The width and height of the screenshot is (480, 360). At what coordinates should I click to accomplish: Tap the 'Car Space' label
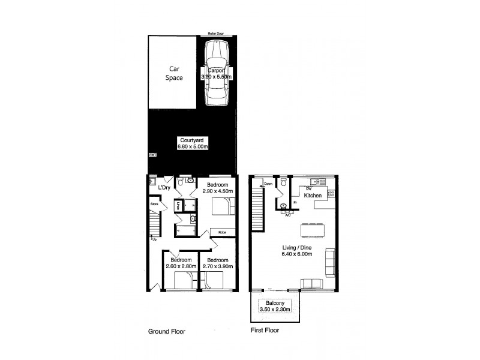pyautogui.click(x=174, y=73)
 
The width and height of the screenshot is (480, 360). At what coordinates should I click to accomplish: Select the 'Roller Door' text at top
pyautogui.click(x=215, y=34)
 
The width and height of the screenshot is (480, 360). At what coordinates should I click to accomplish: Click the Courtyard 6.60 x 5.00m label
pyautogui.click(x=192, y=143)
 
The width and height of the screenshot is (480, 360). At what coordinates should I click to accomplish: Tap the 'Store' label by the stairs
pyautogui.click(x=154, y=205)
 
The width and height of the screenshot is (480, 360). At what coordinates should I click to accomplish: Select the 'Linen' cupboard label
pyautogui.click(x=178, y=206)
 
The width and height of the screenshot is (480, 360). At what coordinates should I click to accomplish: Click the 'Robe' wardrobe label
pyautogui.click(x=221, y=232)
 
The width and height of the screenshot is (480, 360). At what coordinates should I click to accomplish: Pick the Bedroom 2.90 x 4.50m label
pyautogui.click(x=217, y=188)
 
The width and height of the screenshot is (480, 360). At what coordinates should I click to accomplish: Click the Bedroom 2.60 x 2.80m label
pyautogui.click(x=181, y=263)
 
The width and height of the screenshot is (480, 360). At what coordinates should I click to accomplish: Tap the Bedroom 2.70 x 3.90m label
pyautogui.click(x=218, y=263)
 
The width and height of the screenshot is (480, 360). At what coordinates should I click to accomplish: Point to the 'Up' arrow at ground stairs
pyautogui.click(x=154, y=239)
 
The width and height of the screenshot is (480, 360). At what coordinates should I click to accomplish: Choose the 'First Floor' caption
pyautogui.click(x=264, y=330)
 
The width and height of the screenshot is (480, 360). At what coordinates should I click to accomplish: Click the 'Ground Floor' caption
pyautogui.click(x=167, y=331)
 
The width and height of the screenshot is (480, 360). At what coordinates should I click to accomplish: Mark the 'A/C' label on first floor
pyautogui.click(x=288, y=214)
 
